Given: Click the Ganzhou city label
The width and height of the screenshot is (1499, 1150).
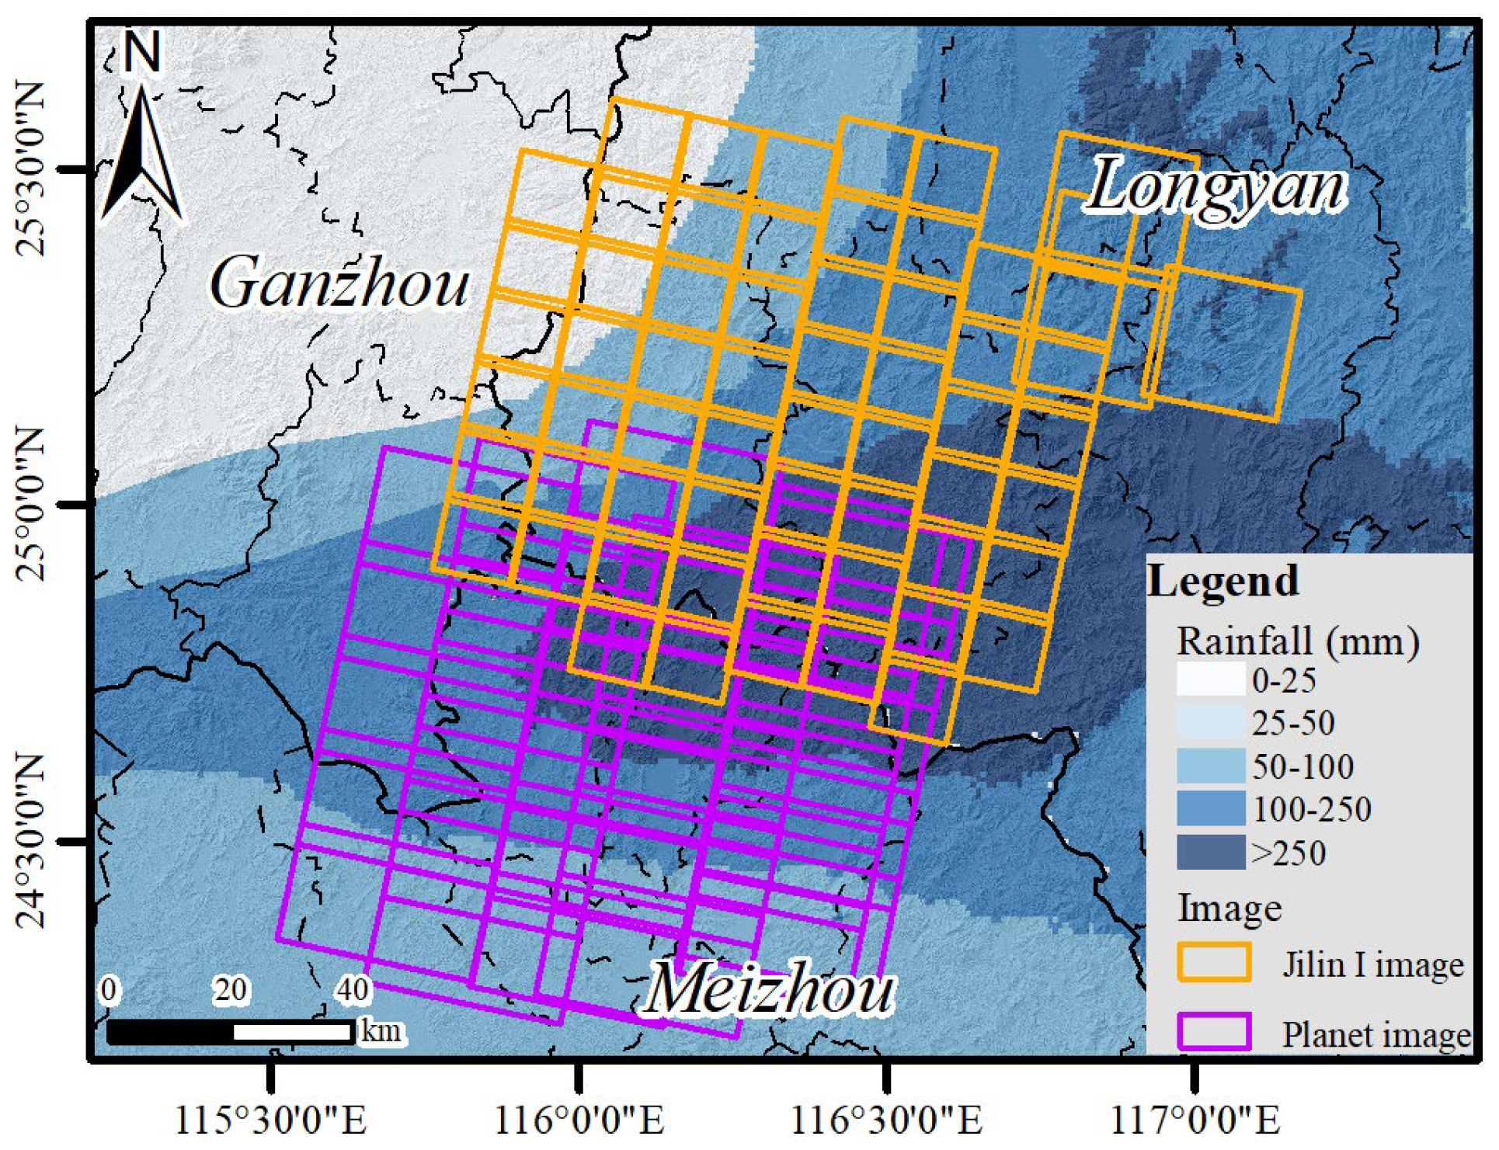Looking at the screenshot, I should (x=340, y=283).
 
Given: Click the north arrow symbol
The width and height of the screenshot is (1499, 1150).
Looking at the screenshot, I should (x=142, y=155).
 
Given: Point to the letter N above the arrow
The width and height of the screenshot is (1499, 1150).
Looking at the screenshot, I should (x=142, y=53).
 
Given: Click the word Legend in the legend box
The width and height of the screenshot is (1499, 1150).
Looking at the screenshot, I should (x=1223, y=581).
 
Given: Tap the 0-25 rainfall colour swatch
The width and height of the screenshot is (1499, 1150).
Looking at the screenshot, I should (x=1211, y=680).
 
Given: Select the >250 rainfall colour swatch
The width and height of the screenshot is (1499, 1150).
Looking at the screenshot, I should (x=1211, y=853).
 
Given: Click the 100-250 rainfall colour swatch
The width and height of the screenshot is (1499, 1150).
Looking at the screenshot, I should (x=1211, y=809).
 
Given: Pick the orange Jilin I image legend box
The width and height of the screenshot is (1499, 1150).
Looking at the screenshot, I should (x=1214, y=963).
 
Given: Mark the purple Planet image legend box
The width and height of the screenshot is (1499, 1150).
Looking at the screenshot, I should (x=1214, y=1033).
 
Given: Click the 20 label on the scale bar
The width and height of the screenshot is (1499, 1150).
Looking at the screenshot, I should (x=231, y=990).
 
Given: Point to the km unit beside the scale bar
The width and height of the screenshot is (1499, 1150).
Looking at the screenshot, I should (x=381, y=1031).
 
